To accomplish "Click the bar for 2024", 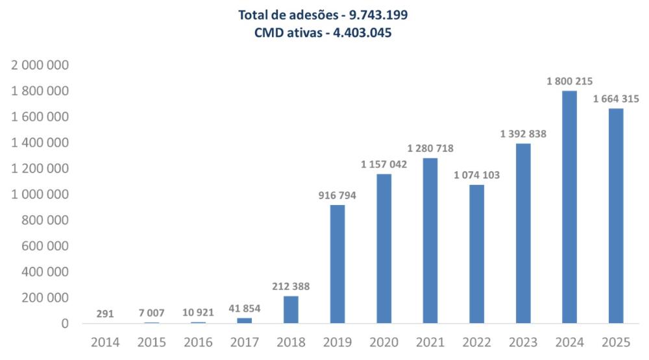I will click(x=569, y=207).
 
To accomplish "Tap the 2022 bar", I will click(x=476, y=254).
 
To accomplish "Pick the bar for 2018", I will click(x=291, y=309).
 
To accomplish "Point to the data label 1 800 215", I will click(x=570, y=82).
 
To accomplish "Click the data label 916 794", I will click(x=337, y=195).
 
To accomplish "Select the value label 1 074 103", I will click(x=477, y=175).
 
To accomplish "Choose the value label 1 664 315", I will click(x=616, y=99).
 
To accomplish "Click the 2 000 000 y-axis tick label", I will click(x=41, y=66).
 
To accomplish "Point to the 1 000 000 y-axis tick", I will click(x=41, y=195).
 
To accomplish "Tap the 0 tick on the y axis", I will click(x=65, y=324).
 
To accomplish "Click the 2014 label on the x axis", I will click(x=105, y=342).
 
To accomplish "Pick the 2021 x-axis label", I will click(x=430, y=342).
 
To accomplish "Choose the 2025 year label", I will click(x=616, y=342).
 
